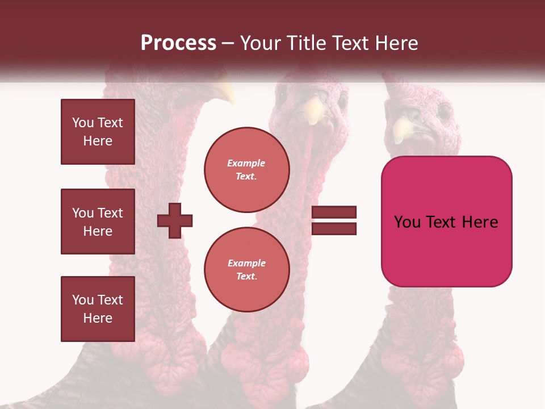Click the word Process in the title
[x=178, y=43]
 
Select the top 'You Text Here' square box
[x=98, y=132]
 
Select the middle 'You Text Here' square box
[x=98, y=222]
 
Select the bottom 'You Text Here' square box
[x=98, y=309]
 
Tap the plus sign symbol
[x=175, y=221]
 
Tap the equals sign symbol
[x=334, y=221]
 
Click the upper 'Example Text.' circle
[x=246, y=170]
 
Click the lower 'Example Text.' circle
[x=246, y=270]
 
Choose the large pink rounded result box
[x=446, y=222]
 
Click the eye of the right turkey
[x=443, y=111]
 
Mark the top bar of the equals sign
[x=334, y=212]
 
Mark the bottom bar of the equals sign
[x=334, y=229]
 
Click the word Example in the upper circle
[x=246, y=163]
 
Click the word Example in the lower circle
[x=246, y=263]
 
